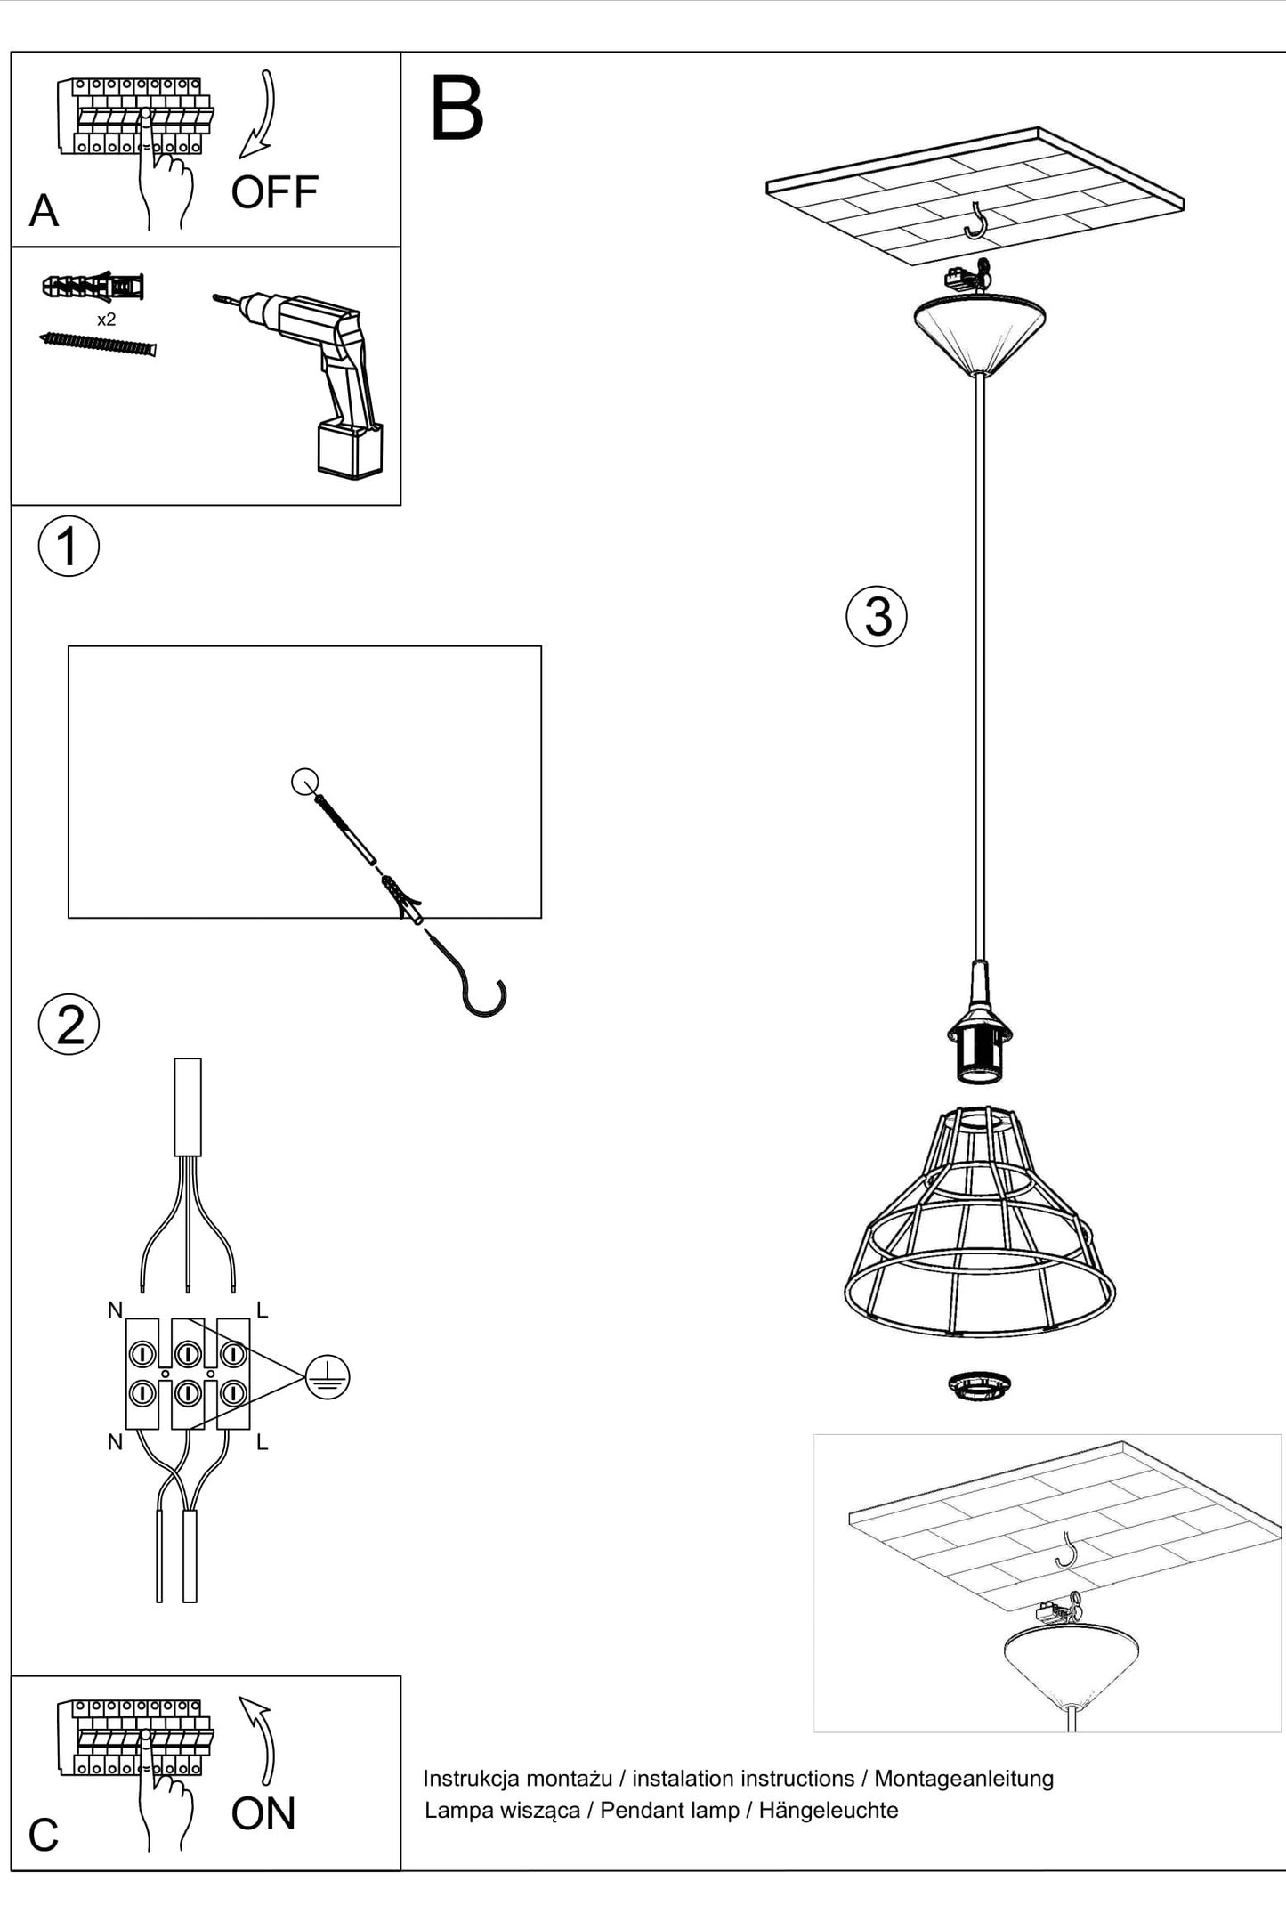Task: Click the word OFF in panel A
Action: coord(274,192)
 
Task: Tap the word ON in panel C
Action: coord(263,1813)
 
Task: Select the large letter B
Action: coord(457,109)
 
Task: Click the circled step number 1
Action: coord(69,546)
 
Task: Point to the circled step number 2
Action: coord(69,1025)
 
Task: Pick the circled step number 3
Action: coord(877,616)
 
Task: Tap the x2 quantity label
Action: coord(106,320)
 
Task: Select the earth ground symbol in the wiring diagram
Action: coord(327,1377)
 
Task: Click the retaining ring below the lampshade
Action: coord(979,1385)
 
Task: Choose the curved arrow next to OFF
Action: coord(260,116)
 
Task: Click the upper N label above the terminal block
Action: coord(115,1310)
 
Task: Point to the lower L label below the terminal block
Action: coord(262,1443)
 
